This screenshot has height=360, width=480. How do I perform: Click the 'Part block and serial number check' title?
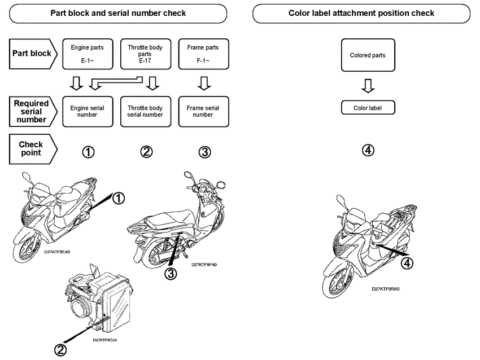coord(118,13)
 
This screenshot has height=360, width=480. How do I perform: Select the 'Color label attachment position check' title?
coord(361,13)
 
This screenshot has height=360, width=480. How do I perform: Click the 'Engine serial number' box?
coord(87,111)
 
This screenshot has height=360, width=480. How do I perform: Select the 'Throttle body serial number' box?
coord(145,111)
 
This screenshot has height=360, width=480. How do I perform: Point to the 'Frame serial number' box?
coord(203,111)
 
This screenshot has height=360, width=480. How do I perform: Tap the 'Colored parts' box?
coord(368,55)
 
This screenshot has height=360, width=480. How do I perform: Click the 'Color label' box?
coord(368,108)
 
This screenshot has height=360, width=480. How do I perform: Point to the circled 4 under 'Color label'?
coord(368,151)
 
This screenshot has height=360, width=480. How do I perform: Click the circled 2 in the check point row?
coord(146,152)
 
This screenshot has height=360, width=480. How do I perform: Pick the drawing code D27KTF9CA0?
coord(108,340)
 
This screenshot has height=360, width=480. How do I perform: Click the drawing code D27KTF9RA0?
coord(386,288)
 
